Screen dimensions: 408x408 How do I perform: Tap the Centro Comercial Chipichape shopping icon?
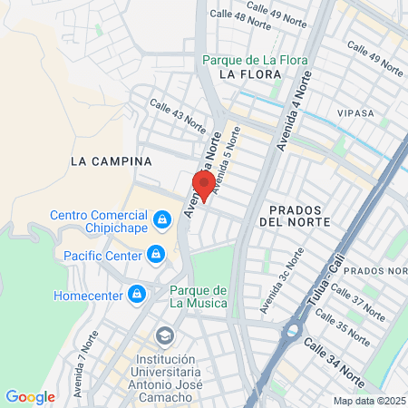click(162, 219)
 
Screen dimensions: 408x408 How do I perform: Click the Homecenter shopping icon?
click(137, 294)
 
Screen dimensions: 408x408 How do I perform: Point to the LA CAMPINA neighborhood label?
click(110, 160)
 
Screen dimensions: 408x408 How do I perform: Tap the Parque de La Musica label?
click(198, 296)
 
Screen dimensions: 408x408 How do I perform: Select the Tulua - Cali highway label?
click(324, 287)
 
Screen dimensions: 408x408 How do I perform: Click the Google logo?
click(30, 396)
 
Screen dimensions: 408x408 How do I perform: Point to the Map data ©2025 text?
click(368, 401)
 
